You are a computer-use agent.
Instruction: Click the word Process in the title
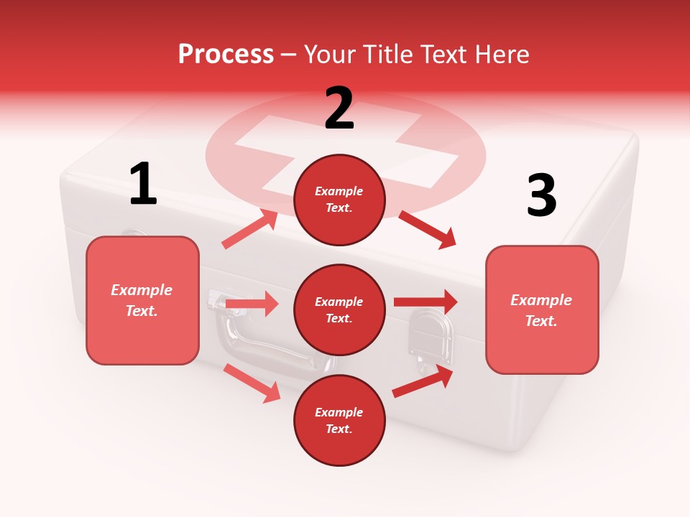[x=226, y=54]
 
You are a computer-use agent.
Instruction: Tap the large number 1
[x=143, y=184]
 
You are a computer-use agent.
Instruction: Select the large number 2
[x=339, y=108]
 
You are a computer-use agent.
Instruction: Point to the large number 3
[x=541, y=195]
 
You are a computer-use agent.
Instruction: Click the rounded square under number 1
[x=142, y=300]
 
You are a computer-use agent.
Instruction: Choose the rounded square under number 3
[x=542, y=309]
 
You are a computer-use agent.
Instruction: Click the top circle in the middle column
[x=339, y=200]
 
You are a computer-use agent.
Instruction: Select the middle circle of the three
[x=339, y=309]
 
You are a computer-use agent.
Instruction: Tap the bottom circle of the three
[x=339, y=420]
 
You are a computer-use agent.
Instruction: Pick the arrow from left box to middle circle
[x=252, y=304]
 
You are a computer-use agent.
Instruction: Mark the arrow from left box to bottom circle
[x=252, y=383]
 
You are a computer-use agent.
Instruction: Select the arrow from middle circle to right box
[x=425, y=302]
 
